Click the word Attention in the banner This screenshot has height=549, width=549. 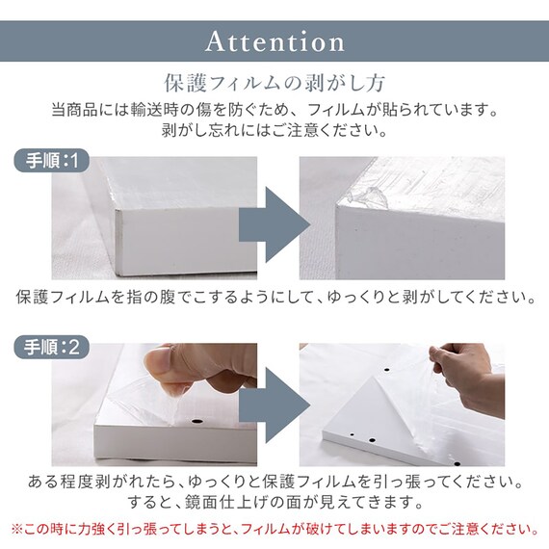tap(274, 41)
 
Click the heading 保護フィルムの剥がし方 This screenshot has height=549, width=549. tap(274, 83)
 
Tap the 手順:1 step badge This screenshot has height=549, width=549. tap(51, 161)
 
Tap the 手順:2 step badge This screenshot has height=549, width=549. tap(51, 348)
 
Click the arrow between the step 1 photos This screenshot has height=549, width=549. tap(274, 224)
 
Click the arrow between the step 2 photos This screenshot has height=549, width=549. tap(274, 406)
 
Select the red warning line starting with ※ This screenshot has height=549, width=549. tap(274, 529)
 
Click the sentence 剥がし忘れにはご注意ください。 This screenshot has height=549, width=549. tap(274, 130)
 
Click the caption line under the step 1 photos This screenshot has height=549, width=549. tap(275, 297)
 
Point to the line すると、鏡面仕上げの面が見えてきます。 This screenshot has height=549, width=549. tap(275, 503)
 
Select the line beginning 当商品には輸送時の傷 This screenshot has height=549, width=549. tap(274, 110)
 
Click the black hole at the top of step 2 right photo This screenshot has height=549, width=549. tap(387, 370)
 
